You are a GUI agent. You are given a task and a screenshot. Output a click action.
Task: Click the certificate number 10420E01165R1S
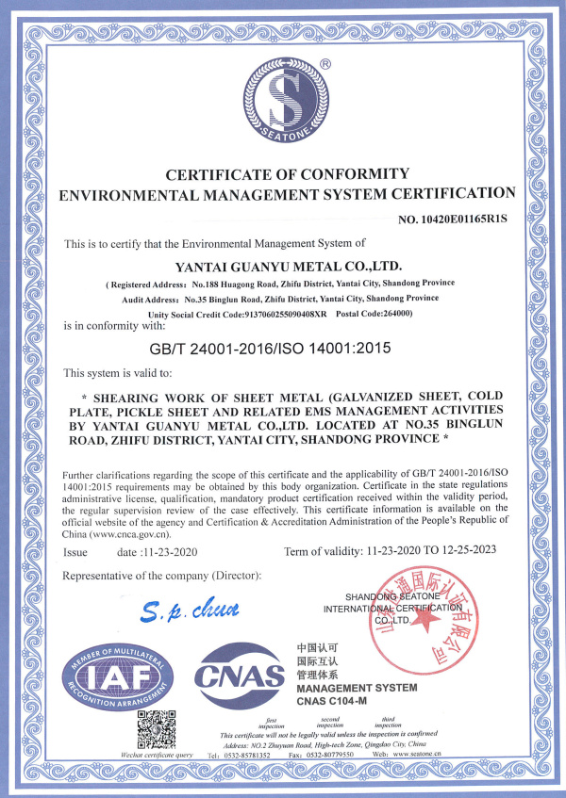453,220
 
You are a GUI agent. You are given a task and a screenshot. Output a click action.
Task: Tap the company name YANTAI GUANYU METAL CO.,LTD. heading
282,265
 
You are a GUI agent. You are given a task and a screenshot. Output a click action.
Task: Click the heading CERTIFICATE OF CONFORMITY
287,173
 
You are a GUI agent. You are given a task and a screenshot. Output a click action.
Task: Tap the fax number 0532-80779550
359,755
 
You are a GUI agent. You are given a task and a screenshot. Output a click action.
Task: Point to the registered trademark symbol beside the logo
325,64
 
